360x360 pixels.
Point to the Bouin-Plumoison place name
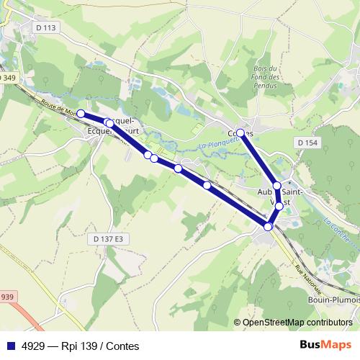coord(333,300)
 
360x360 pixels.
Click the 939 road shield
coord(6,297)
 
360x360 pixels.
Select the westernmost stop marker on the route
coord(81,114)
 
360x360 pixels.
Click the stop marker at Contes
coord(240,132)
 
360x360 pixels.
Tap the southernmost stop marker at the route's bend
coord(268,227)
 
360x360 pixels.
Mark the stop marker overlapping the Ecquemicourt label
coord(109,123)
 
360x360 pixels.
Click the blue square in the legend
coord(10,346)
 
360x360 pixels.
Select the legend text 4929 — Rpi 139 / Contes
coord(80,346)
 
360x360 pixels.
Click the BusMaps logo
coord(325,346)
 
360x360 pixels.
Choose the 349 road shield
coord(6,77)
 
